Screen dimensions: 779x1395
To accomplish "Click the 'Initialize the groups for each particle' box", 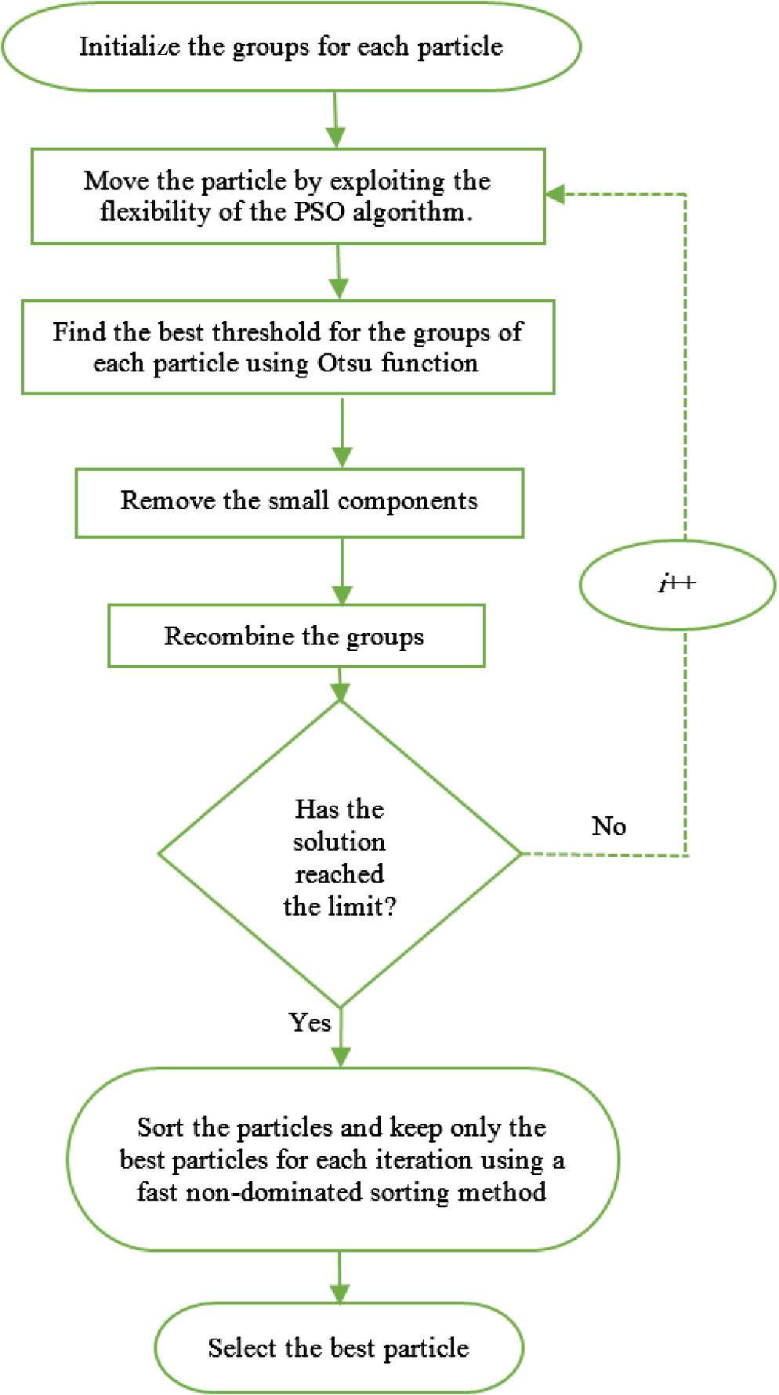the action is pos(292,46).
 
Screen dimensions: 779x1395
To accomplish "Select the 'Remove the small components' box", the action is pos(299,503).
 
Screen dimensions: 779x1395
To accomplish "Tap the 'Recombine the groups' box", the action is pos(296,636).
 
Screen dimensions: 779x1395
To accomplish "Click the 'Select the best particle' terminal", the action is pos(339,1348).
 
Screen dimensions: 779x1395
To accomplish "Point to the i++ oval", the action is pos(677,584).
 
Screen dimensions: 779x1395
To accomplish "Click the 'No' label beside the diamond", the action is pos(609,826).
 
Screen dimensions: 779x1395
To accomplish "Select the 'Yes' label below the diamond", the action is pos(310,1022).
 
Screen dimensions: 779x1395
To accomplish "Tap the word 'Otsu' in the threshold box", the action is pos(345,363).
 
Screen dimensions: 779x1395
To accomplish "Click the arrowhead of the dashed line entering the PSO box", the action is pos(555,194).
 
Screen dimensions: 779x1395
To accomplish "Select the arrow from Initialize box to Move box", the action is pos(335,120).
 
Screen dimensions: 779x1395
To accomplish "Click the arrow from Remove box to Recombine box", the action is pos(342,571).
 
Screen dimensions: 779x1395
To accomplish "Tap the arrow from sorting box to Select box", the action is pos(339,1277).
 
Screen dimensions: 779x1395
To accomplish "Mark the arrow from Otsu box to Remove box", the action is pos(342,432).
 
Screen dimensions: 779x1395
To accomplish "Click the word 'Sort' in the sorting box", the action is pos(161,1127).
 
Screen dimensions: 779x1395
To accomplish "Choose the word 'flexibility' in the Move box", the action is pos(156,211).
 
